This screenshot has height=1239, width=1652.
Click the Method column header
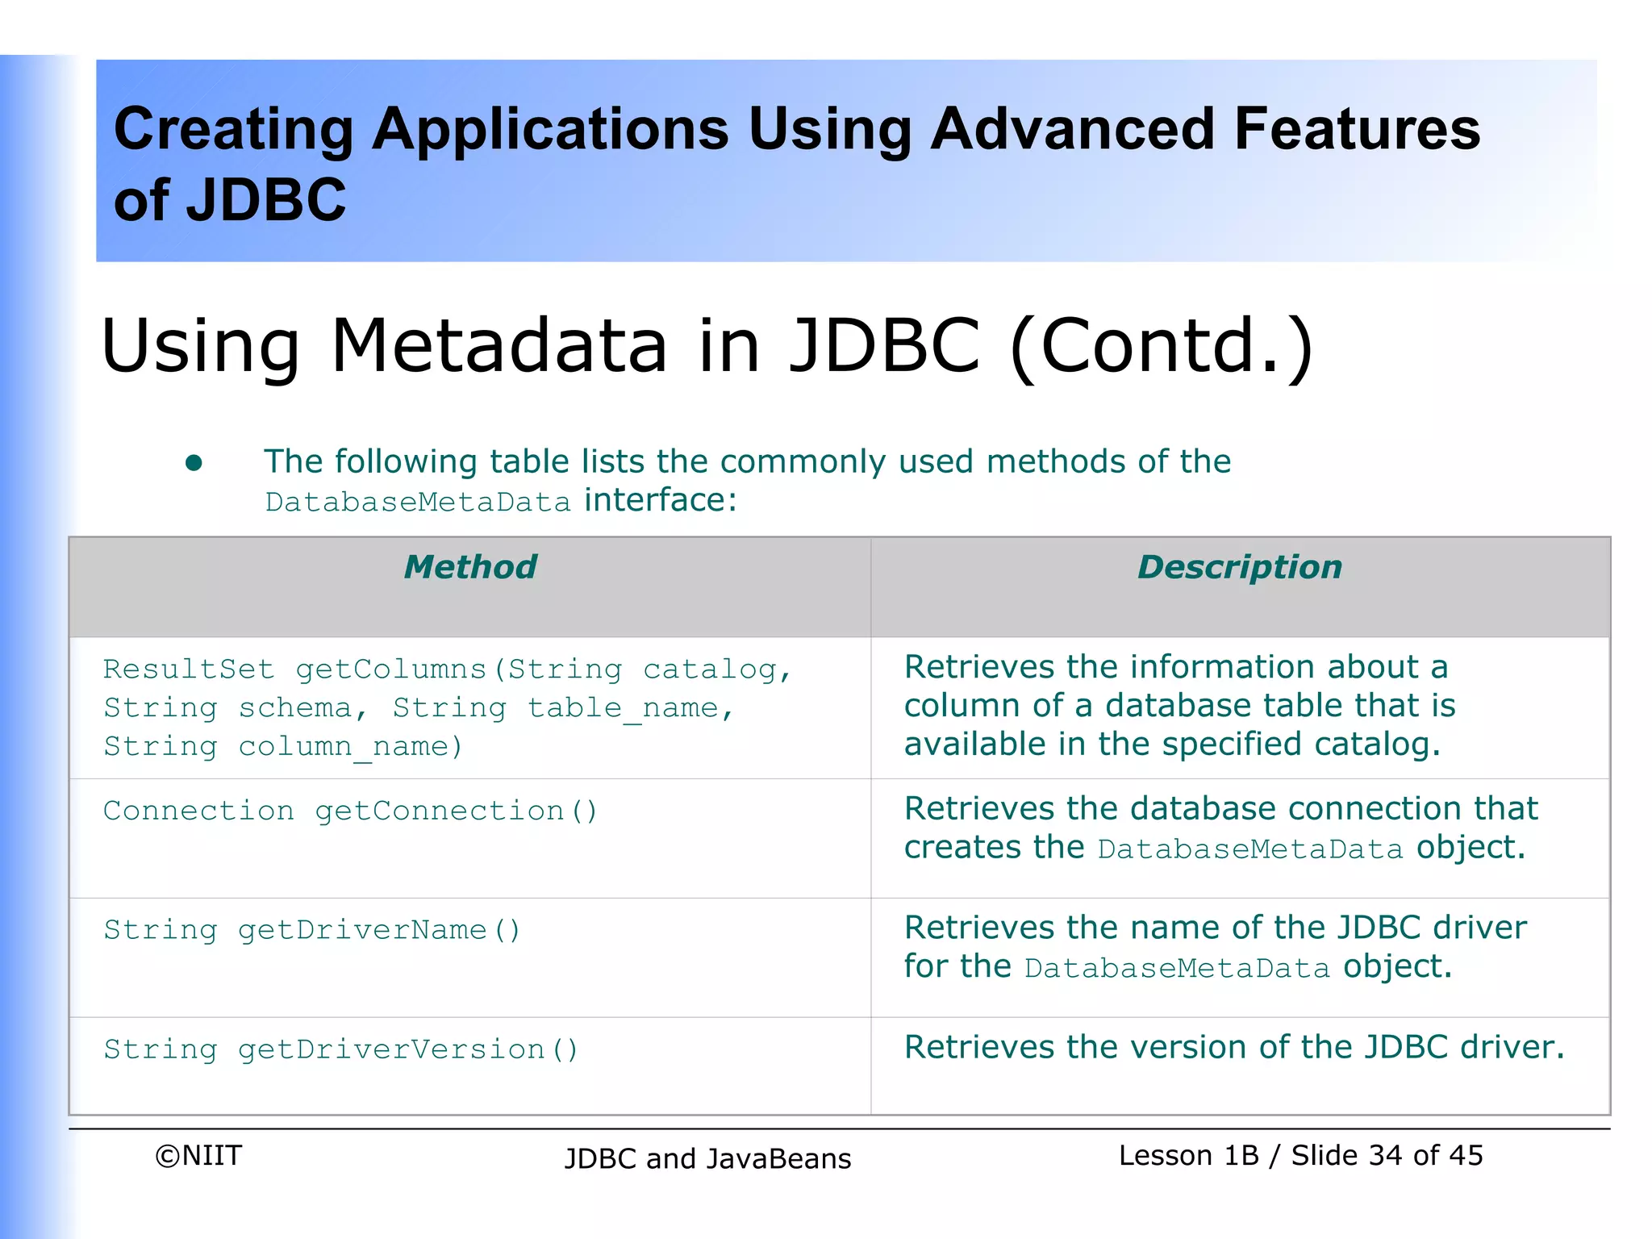click(470, 567)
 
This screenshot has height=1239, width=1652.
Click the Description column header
click(1240, 567)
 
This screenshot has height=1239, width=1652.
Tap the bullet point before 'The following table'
click(194, 463)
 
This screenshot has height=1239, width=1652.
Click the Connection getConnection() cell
click(350, 811)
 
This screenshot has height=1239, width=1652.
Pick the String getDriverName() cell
click(312, 930)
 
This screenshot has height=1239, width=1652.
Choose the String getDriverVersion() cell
click(340, 1049)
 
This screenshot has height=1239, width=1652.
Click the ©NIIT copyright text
click(198, 1156)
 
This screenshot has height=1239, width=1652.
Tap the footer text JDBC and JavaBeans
click(707, 1159)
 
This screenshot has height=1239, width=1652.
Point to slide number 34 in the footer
click(1385, 1156)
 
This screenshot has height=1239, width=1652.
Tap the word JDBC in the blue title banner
click(266, 200)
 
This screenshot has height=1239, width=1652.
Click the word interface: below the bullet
click(661, 500)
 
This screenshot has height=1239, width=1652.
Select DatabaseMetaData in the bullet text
click(418, 503)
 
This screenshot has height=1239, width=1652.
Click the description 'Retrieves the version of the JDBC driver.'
click(1234, 1047)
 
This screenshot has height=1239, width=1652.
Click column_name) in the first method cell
click(351, 747)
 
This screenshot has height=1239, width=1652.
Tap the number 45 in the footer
click(1465, 1156)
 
